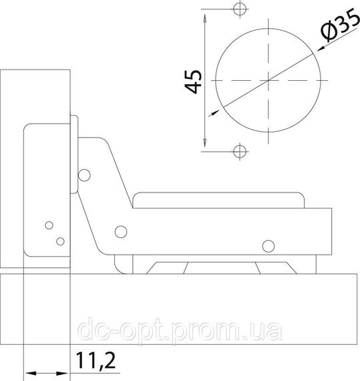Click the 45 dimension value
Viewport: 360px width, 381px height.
point(193,82)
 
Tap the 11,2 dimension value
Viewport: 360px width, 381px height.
point(96,360)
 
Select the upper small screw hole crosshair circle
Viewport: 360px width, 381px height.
point(240,9)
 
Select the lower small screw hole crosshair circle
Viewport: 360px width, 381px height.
point(240,151)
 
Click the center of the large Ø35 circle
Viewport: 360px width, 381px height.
point(268,80)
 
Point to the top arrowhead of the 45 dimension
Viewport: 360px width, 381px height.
point(205,19)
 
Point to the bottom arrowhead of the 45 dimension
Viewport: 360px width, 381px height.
point(205,142)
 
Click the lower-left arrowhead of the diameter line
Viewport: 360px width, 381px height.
point(215,112)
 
